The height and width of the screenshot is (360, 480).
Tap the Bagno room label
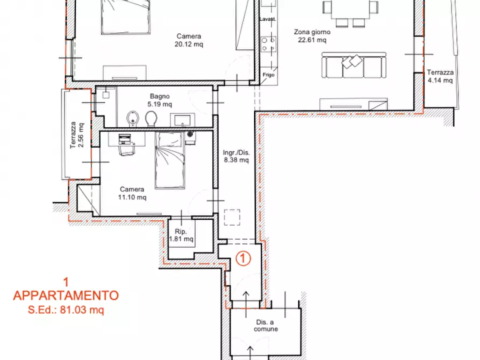pyautogui.click(x=161, y=97)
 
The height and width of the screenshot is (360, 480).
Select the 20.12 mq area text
pyautogui.click(x=189, y=45)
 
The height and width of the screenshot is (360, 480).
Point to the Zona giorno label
pyautogui.click(x=312, y=32)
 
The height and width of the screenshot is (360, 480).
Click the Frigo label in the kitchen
pyautogui.click(x=269, y=75)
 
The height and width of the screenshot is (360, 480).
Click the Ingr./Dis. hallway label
pyautogui.click(x=237, y=152)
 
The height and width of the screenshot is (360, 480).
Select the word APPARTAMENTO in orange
pyautogui.click(x=66, y=295)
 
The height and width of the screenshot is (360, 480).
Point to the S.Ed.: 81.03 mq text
pyautogui.click(x=66, y=309)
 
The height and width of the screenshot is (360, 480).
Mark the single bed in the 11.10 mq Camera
pyautogui.click(x=171, y=161)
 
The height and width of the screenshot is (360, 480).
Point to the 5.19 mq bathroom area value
pyautogui.click(x=161, y=104)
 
